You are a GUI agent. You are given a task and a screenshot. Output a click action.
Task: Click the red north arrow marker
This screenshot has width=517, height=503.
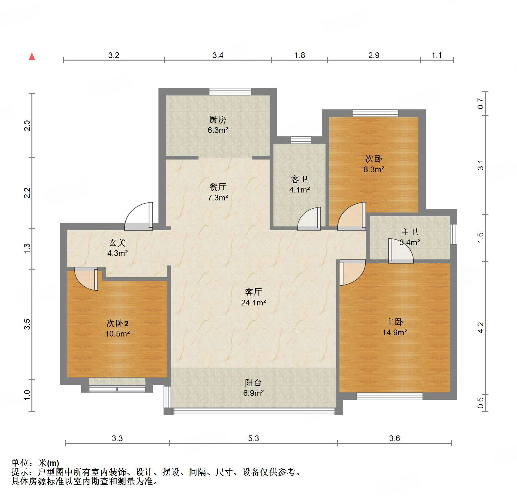coord(32,56)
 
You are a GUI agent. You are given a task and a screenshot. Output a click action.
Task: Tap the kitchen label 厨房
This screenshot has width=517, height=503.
coord(218,120)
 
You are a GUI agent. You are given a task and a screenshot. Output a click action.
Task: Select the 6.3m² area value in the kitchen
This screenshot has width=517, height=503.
coord(218,130)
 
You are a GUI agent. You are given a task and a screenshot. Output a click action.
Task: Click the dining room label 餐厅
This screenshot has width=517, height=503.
coord(218,187)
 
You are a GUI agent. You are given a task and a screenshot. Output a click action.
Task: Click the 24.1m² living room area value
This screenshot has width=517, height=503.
coord(253,303)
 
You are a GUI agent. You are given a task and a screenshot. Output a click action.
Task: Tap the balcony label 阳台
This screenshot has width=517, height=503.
coord(253,382)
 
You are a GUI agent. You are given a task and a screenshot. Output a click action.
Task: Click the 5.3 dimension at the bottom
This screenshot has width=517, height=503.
coord(253,438)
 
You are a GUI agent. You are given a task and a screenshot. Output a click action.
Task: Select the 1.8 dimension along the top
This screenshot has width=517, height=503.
coord(299,56)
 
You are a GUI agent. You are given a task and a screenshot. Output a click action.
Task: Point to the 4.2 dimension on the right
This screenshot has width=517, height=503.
coord(480,327)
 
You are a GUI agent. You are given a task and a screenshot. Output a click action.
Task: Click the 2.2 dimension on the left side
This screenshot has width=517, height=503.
coord(27,193)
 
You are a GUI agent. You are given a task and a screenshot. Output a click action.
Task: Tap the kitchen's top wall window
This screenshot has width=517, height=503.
coord(230,92)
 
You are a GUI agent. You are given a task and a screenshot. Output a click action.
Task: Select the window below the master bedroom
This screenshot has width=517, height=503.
coord(389,396)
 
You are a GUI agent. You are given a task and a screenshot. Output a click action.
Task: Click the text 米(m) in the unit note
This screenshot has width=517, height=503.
coord(49,463)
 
